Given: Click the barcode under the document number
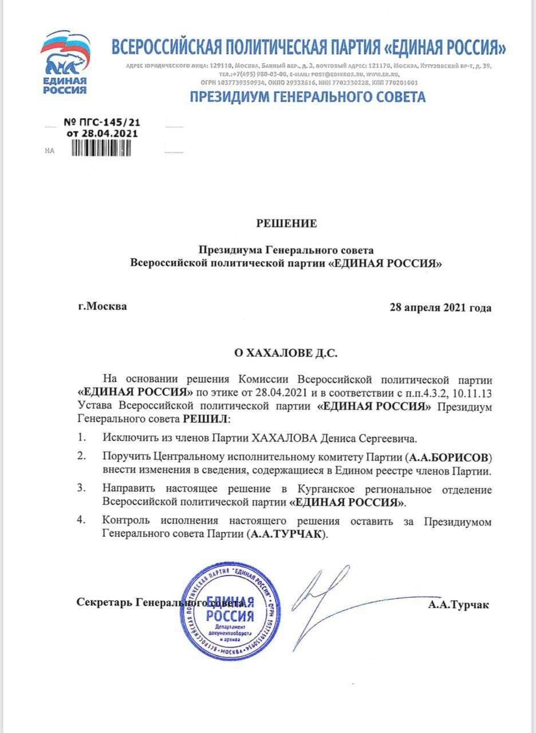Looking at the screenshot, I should click(101, 148).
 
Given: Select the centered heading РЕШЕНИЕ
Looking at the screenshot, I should click(286, 223).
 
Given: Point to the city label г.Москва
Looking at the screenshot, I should click(103, 306).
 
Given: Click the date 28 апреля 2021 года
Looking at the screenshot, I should click(440, 308).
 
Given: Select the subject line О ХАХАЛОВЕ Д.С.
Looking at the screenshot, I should click(286, 353).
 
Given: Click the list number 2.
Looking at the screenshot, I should click(81, 457).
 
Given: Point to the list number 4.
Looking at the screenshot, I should click(81, 521).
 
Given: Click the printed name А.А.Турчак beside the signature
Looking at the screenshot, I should click(458, 604).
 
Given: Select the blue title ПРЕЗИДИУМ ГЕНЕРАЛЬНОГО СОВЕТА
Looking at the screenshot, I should click(308, 97).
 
